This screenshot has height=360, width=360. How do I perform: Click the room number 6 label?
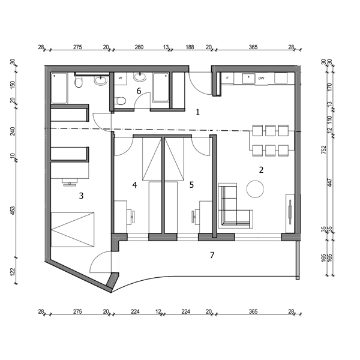click(x=139, y=91)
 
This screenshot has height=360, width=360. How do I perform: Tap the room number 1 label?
click(x=197, y=112)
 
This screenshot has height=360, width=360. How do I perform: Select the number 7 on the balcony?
click(x=212, y=255)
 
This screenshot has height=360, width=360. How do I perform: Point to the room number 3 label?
click(x=81, y=196)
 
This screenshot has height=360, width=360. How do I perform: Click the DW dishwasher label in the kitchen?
click(x=261, y=78)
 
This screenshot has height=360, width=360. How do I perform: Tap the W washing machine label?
click(x=121, y=78)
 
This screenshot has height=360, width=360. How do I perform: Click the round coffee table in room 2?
click(x=255, y=189)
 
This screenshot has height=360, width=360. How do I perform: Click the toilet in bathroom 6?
click(x=120, y=101)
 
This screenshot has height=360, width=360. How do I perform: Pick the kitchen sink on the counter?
click(x=248, y=78)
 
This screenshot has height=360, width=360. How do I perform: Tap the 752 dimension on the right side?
click(x=324, y=149)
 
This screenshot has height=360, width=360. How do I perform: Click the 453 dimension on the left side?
click(x=13, y=211)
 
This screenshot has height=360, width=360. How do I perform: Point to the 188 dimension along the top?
click(x=190, y=47)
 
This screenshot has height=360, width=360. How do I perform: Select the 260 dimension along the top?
click(x=139, y=47)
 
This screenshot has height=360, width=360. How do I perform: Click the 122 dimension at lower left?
click(x=13, y=271)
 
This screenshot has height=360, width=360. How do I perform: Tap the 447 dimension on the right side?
click(x=329, y=182)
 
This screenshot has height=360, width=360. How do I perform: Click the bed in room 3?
click(x=73, y=230)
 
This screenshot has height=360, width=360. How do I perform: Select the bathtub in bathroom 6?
click(x=161, y=88)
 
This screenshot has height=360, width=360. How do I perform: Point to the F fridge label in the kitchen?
click(x=227, y=78)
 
